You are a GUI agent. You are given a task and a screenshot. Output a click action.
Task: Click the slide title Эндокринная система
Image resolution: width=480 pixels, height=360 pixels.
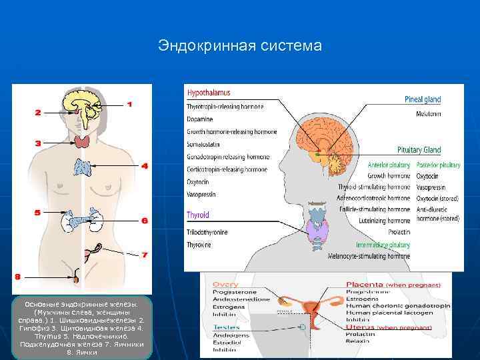point(240,45)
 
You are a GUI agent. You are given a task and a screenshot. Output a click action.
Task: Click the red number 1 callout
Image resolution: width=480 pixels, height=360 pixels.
point(129,104)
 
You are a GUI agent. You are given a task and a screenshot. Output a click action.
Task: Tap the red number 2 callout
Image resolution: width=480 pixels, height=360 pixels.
point(37,113)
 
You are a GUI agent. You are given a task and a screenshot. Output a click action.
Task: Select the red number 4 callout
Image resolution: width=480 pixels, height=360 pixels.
point(144,165)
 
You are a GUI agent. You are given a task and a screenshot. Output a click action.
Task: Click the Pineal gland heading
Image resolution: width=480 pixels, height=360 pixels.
point(423,100)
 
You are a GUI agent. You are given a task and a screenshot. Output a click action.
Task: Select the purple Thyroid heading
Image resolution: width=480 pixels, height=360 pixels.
point(198,215)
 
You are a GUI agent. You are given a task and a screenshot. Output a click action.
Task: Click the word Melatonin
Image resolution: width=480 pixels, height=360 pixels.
point(429,114)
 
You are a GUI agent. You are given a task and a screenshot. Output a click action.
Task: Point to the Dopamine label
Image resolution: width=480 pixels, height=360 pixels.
point(200,119)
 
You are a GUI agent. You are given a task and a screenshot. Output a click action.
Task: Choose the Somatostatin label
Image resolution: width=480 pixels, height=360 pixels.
point(203,144)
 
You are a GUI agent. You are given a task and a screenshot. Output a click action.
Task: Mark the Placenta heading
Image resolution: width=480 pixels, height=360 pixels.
point(363,285)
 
